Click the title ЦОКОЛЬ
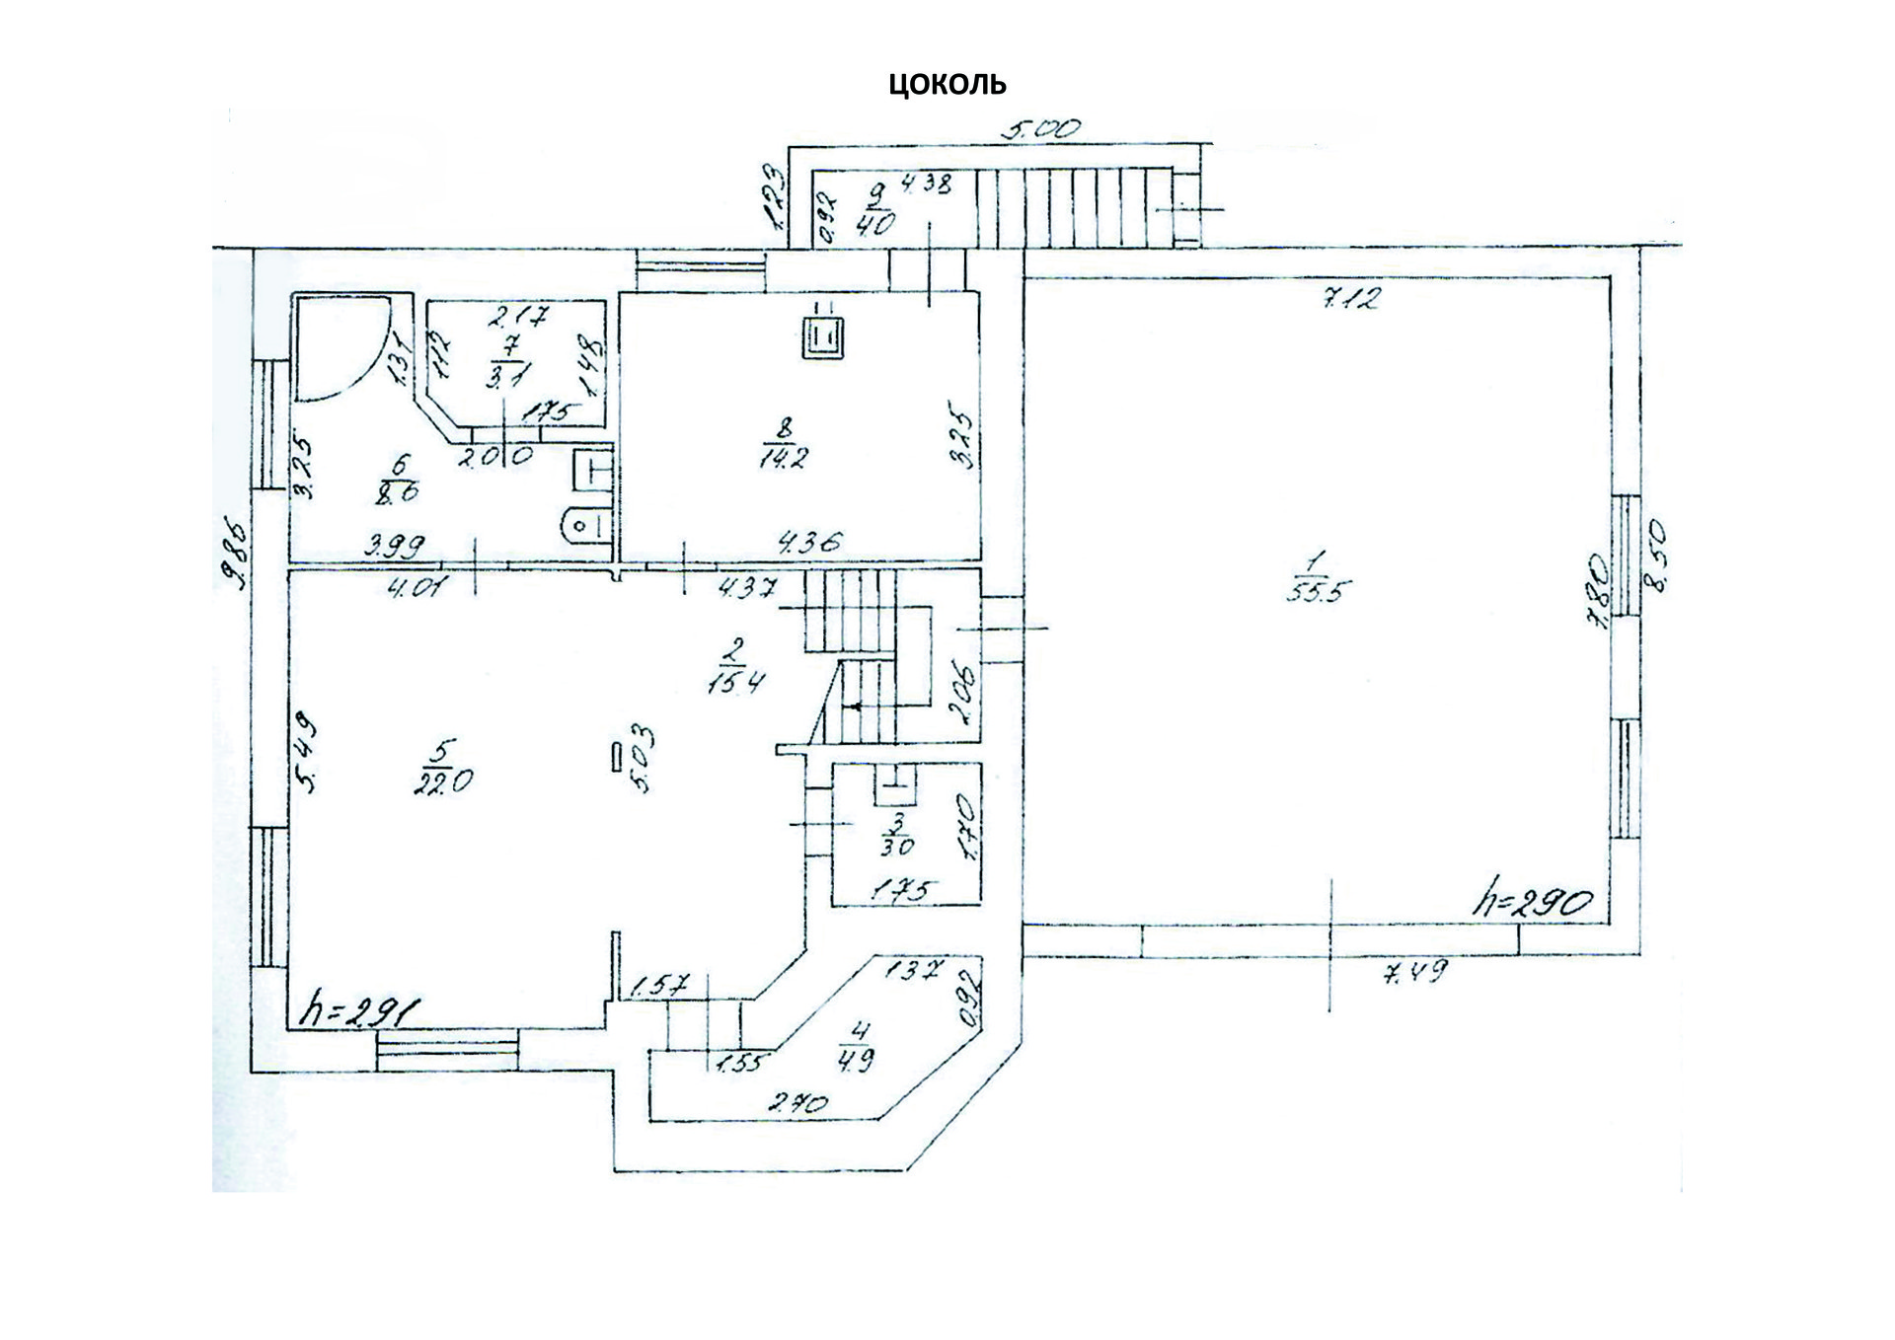point(947,84)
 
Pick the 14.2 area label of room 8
point(784,457)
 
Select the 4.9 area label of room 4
point(856,1061)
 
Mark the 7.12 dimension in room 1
point(1349,297)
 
